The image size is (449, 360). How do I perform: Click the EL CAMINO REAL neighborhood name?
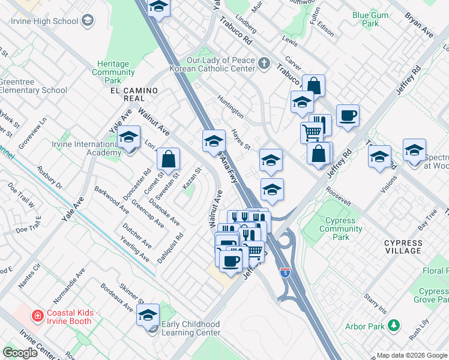click(x=133, y=94)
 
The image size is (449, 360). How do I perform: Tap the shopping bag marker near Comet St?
click(x=169, y=160)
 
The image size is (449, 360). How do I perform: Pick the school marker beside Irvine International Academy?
click(x=128, y=138)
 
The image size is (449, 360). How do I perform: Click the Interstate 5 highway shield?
click(x=285, y=272)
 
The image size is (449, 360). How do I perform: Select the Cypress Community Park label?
click(x=340, y=229)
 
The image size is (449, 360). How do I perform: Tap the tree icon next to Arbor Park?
click(x=394, y=326)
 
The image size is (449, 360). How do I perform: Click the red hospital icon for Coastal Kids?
click(x=37, y=314)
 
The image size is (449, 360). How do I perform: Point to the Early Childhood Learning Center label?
click(x=191, y=328)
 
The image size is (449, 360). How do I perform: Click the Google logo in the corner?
click(x=21, y=353)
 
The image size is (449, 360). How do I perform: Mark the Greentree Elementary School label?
click(x=33, y=86)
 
